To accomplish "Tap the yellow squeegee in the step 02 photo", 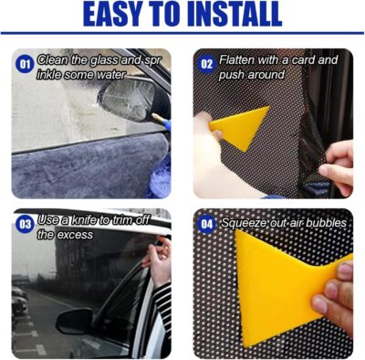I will pyautogui.click(x=240, y=128).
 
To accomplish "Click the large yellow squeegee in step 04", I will pyautogui.click(x=274, y=283).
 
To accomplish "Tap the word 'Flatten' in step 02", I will pyautogui.click(x=240, y=60).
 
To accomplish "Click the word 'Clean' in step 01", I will pyautogui.click(x=53, y=60).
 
